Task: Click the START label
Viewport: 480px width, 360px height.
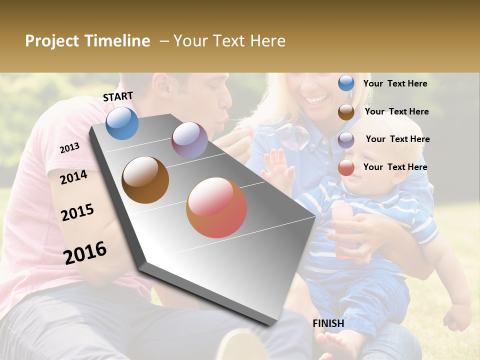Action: pos(118,96)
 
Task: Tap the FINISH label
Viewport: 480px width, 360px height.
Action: pos(328,323)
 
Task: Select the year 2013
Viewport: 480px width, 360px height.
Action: pos(69,148)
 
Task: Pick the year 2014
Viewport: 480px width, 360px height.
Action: pos(73,177)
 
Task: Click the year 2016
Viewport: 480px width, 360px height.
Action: pos(85,253)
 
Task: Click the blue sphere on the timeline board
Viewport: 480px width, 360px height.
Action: pos(122,123)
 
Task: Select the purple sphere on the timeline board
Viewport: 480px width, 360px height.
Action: pos(189,139)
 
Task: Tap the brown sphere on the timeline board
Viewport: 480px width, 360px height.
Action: pos(145,180)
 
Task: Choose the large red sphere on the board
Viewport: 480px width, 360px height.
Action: pos(216,207)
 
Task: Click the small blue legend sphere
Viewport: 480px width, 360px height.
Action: pos(346,83)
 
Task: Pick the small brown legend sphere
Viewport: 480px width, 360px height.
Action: pos(346,111)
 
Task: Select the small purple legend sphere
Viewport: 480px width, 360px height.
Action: pos(346,139)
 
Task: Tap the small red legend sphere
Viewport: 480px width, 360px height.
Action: pos(346,167)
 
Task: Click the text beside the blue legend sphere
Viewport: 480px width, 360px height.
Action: pos(395,83)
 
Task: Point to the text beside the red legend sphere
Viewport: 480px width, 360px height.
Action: pos(395,167)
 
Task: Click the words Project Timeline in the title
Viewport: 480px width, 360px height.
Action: pos(87,41)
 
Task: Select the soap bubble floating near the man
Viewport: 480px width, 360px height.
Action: pos(292,136)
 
